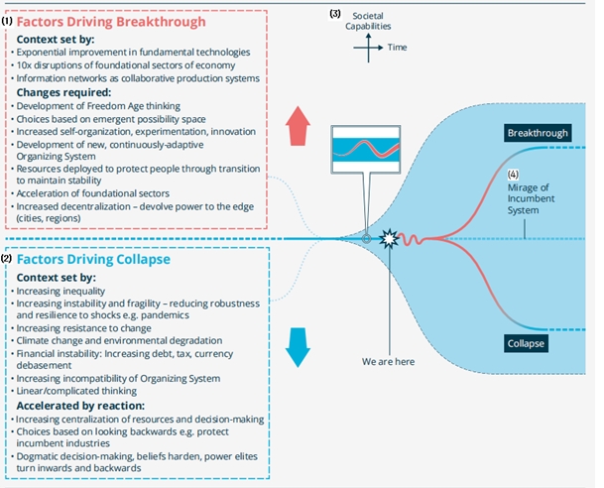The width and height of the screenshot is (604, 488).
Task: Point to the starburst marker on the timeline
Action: tap(392, 239)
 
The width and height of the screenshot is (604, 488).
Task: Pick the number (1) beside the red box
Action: tap(6, 19)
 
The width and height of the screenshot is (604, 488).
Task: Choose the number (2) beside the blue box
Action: tap(6, 258)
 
